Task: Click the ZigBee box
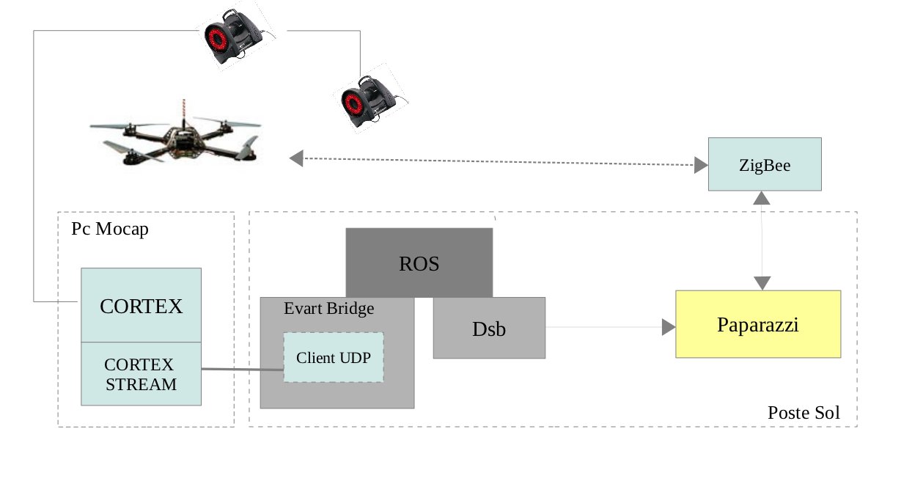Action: [x=764, y=164]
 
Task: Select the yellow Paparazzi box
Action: [x=757, y=324]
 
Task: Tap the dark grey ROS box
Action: [x=419, y=262]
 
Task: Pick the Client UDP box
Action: [x=334, y=357]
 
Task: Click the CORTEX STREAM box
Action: [x=141, y=374]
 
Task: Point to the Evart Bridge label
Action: [x=328, y=309]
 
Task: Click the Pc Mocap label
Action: [x=109, y=229]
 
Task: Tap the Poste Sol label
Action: [x=803, y=412]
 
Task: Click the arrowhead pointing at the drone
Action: [x=296, y=158]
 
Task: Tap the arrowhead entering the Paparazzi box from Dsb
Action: [x=668, y=327]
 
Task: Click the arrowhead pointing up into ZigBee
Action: [x=762, y=197]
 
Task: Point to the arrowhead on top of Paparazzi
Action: [x=762, y=283]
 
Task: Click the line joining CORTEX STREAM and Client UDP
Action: [x=242, y=369]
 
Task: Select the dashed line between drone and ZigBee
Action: [x=499, y=161]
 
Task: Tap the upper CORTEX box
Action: [x=141, y=305]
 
